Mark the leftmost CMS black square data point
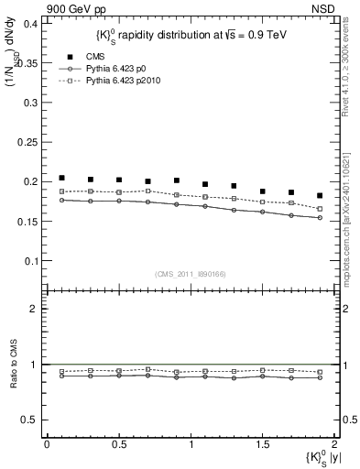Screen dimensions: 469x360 (61, 178)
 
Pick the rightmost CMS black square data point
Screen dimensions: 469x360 (320, 195)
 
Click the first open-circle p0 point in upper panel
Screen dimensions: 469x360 (61, 200)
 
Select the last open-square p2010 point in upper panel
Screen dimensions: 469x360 (320, 209)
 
